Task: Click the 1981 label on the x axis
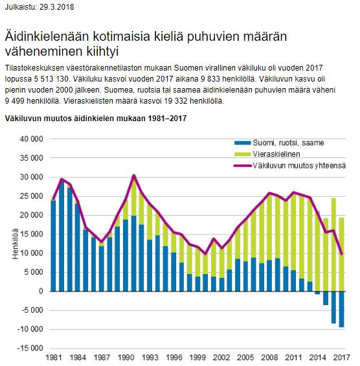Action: [x=53, y=358]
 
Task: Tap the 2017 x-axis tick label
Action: [x=342, y=358]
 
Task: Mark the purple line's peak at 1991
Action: [x=133, y=176]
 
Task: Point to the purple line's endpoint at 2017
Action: [x=342, y=254]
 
